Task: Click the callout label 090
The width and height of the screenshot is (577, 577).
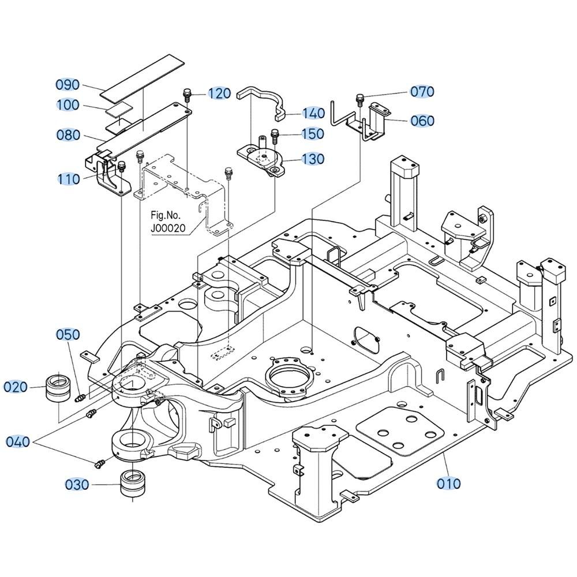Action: pos(68,85)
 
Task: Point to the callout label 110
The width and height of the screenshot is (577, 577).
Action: pos(68,179)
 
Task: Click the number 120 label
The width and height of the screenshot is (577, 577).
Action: pos(219,93)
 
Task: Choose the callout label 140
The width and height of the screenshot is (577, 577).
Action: pos(313,114)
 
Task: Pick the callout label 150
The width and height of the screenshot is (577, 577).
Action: pos(313,134)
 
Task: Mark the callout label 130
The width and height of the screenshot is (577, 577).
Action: pos(313,159)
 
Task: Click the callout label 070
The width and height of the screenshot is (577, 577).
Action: pos(422,92)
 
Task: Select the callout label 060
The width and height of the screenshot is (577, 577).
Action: pos(422,121)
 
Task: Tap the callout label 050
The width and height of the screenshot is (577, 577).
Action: pos(68,335)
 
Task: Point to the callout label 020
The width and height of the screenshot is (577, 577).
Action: pos(16,387)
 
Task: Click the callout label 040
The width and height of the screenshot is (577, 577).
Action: pos(18,442)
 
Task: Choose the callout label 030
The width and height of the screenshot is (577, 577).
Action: pos(77,485)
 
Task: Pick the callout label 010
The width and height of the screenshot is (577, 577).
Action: pos(449,483)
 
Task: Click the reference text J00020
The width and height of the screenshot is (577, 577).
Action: pos(168,228)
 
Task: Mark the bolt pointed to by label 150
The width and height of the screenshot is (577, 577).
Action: pos(274,136)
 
